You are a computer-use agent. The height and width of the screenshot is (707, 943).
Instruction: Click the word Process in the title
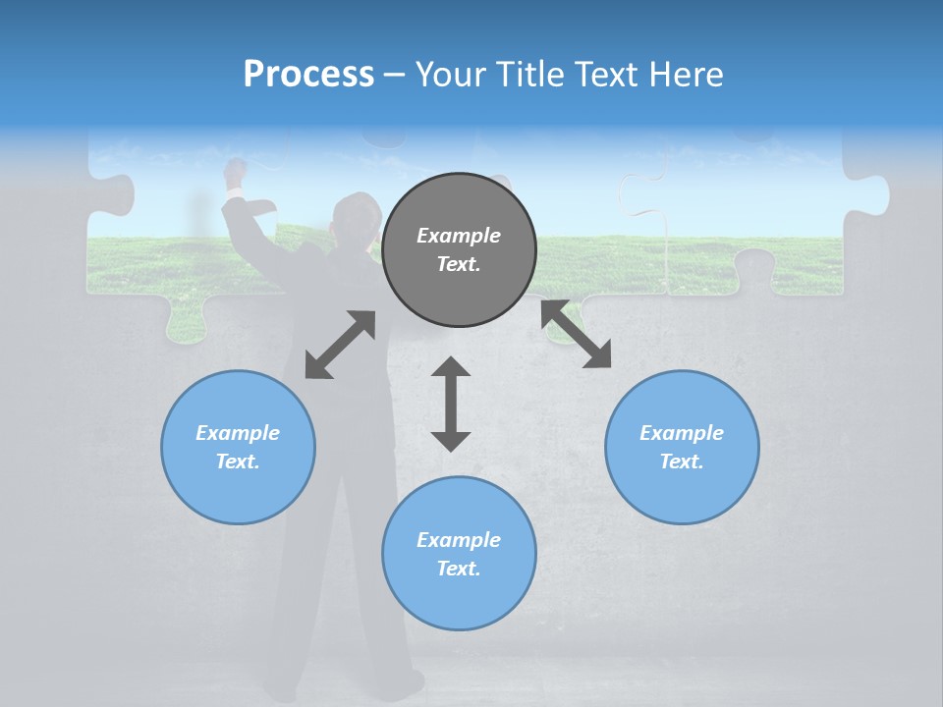(x=308, y=75)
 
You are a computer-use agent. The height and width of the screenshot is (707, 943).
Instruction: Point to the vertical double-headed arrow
(x=451, y=404)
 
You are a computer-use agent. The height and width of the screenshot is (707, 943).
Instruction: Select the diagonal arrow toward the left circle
(x=340, y=345)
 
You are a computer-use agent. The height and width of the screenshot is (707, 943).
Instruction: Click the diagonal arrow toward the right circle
(x=576, y=335)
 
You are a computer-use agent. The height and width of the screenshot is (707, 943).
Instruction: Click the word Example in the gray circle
(x=459, y=236)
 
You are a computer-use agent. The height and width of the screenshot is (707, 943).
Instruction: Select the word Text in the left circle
(x=238, y=462)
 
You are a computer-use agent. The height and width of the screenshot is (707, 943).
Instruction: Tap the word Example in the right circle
(x=682, y=433)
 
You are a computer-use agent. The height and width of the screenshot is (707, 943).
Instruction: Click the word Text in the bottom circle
(x=458, y=569)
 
